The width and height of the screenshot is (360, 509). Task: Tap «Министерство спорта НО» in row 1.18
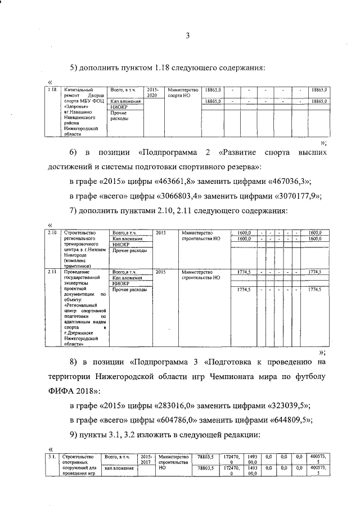[x=183, y=93]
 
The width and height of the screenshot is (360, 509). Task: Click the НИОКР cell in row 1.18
[x=119, y=107]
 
